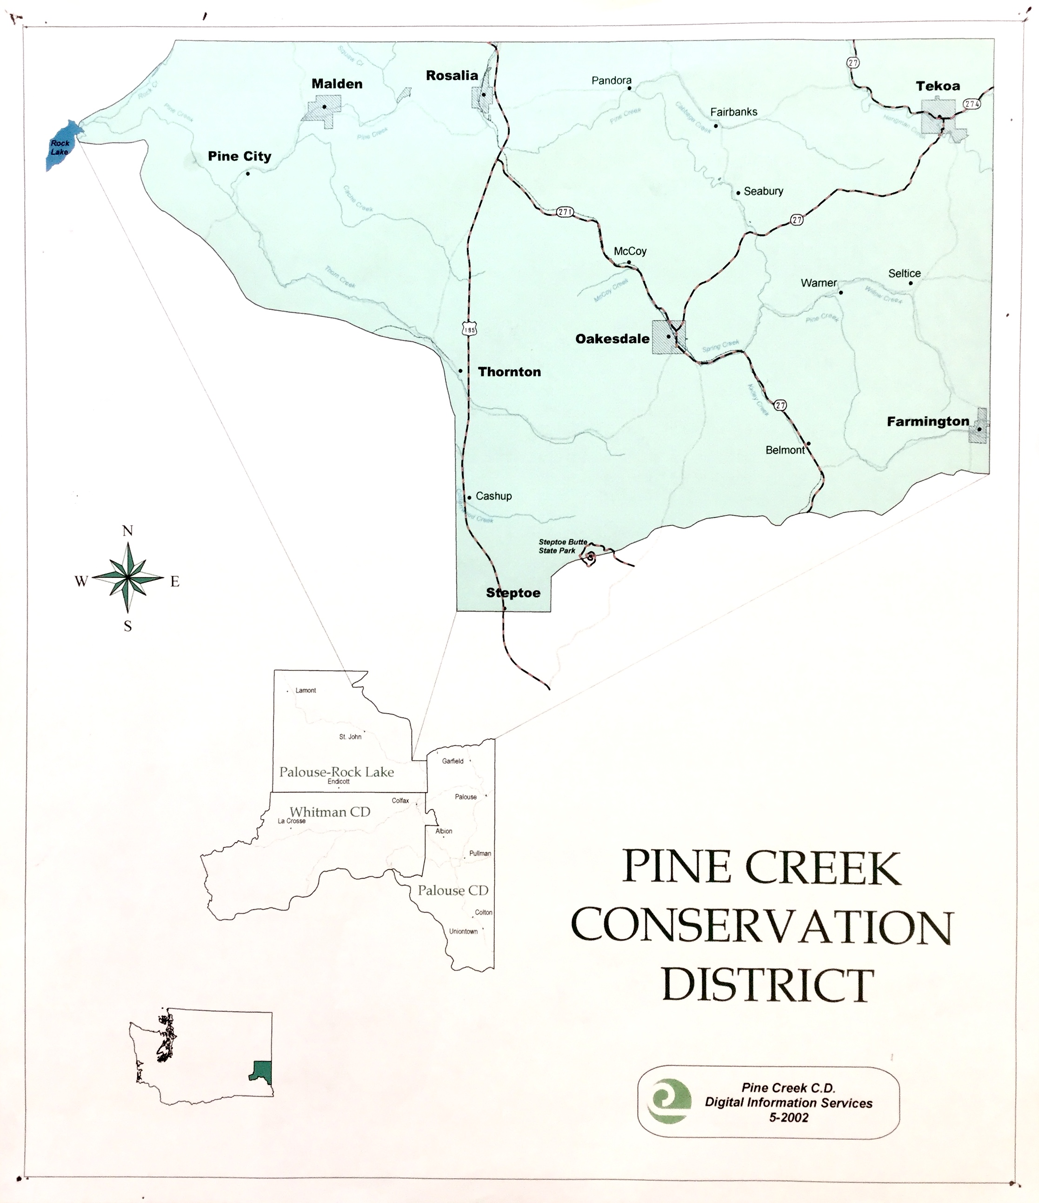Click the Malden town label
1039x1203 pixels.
coord(337,84)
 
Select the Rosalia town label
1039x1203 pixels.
coord(452,75)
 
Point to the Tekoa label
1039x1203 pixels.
coord(938,87)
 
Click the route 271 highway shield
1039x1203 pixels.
coord(564,212)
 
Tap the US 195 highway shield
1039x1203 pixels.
coord(469,328)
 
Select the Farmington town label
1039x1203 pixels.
coord(927,421)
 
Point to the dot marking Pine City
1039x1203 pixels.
coord(248,173)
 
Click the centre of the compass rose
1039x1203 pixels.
coord(128,577)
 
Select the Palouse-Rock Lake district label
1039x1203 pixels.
coord(337,772)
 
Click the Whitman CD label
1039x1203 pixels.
coord(330,812)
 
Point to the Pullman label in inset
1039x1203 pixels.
coord(480,854)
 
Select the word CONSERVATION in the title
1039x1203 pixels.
coord(761,927)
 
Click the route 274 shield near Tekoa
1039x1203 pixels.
coord(972,104)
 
